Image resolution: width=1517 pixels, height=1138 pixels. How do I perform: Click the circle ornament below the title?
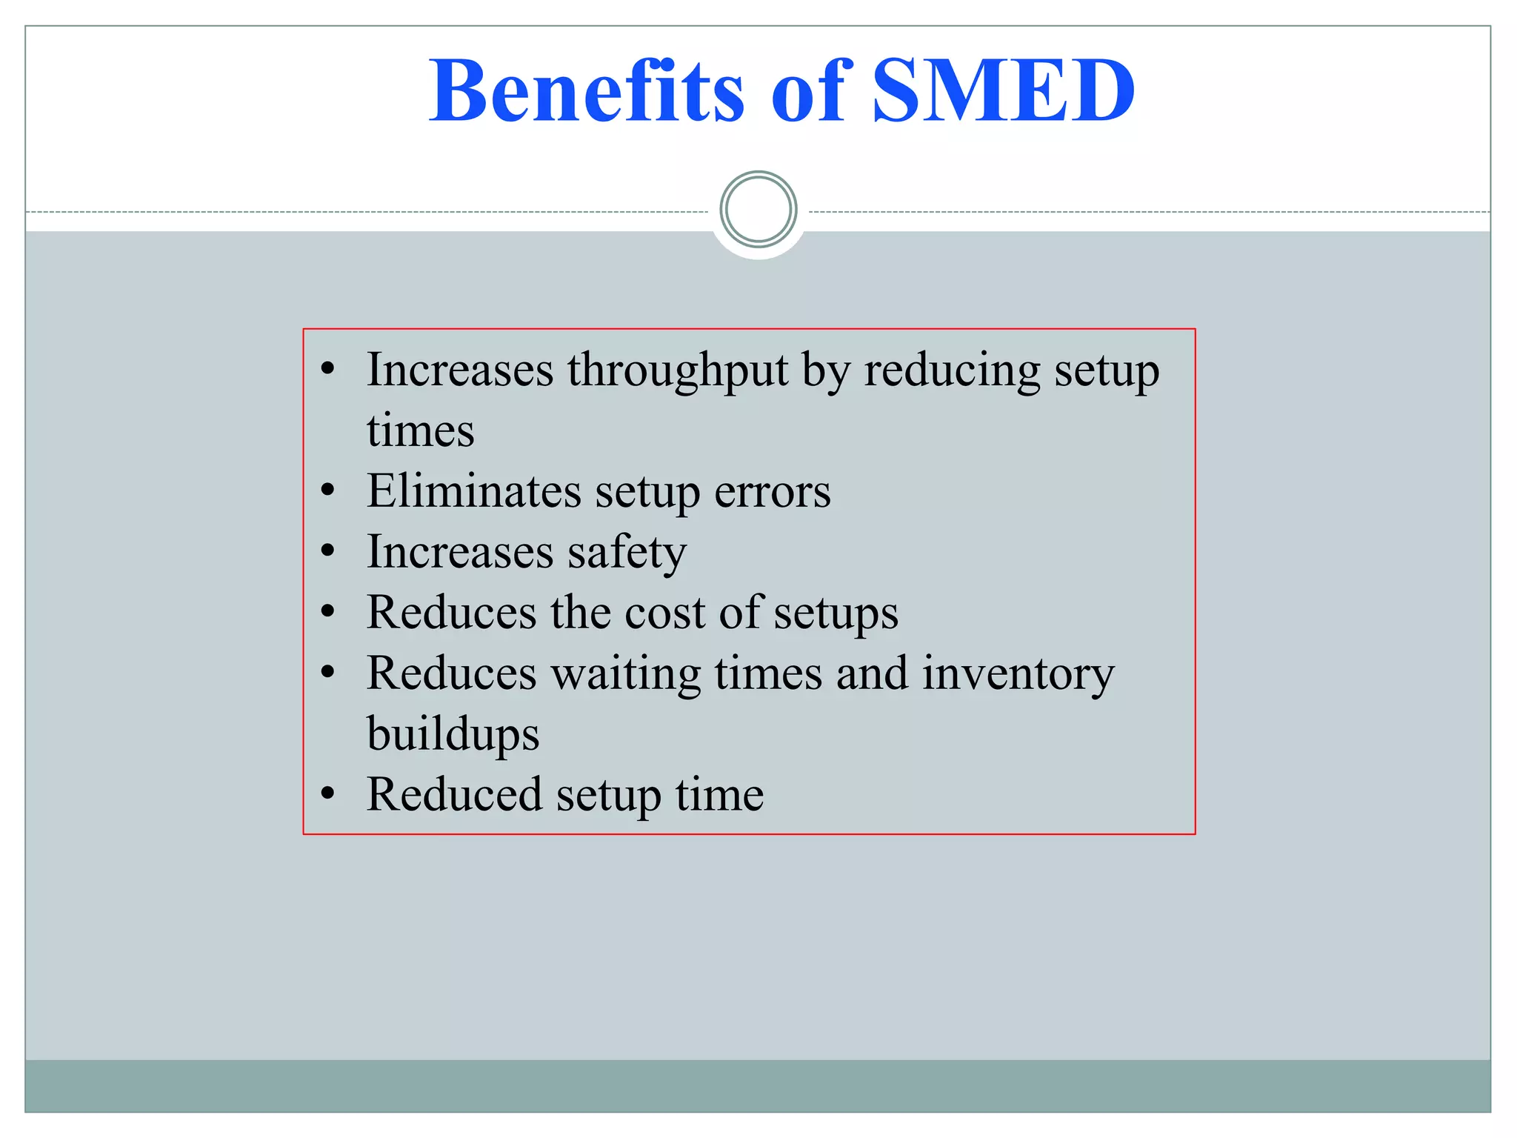(758, 209)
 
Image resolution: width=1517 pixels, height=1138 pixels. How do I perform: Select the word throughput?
(677, 370)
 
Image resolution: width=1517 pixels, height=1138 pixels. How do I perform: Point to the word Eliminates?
(474, 491)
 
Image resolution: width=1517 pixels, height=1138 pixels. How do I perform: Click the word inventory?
(1018, 674)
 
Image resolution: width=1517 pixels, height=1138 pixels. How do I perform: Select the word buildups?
(453, 734)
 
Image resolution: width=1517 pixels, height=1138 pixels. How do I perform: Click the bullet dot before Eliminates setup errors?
(328, 490)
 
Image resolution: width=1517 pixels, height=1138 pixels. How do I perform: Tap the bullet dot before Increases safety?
(328, 551)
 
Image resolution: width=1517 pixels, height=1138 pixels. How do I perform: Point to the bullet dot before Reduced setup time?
(328, 793)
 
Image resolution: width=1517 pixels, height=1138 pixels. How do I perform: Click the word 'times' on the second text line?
(420, 431)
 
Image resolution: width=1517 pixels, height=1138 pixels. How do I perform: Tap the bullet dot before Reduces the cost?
(328, 612)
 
